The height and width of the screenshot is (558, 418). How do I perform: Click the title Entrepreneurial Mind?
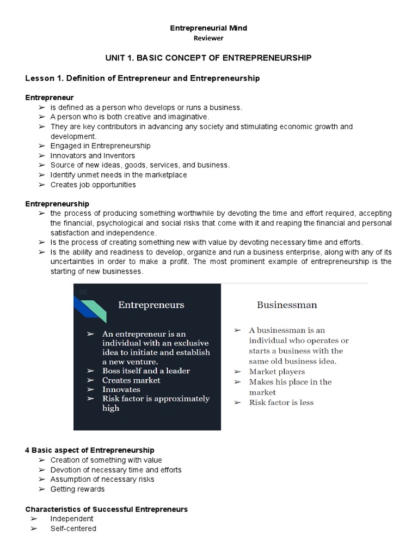(x=209, y=28)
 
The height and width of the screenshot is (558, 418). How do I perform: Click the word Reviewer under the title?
(x=208, y=38)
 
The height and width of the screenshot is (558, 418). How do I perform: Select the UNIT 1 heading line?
(x=208, y=58)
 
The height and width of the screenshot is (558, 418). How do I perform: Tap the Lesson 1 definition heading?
(x=143, y=78)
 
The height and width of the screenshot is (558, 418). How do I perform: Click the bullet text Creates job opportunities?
(x=93, y=185)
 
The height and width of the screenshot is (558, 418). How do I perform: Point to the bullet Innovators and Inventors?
(x=93, y=156)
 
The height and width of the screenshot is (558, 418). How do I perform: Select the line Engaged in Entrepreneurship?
(x=100, y=146)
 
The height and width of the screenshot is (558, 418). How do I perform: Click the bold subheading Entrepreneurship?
(x=57, y=203)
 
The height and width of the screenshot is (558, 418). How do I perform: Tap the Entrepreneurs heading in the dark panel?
(x=151, y=305)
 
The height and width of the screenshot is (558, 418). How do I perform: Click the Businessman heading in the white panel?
(x=286, y=305)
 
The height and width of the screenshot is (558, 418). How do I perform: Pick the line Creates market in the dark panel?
(x=131, y=380)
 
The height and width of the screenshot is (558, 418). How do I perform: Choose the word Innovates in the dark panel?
(x=121, y=390)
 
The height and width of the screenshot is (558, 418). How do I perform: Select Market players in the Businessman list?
(x=277, y=372)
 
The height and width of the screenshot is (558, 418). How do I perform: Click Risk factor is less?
(x=281, y=403)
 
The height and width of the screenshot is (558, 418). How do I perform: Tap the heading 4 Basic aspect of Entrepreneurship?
(x=90, y=450)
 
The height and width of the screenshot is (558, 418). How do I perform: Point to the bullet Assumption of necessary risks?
(x=102, y=480)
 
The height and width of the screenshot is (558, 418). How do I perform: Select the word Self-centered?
(x=73, y=529)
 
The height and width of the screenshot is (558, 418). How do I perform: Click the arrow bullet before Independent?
(x=34, y=519)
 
